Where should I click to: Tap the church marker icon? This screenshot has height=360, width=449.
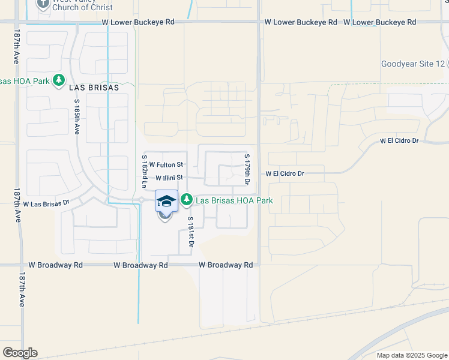tap(43, 4)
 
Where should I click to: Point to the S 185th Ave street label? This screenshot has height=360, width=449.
tap(77, 121)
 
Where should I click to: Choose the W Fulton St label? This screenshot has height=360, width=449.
tap(166, 164)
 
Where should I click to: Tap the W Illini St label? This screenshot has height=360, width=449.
tap(169, 178)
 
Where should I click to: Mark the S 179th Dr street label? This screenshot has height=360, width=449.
tap(247, 169)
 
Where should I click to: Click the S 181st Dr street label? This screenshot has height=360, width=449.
tap(190, 232)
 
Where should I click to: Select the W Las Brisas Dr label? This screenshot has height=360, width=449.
tap(46, 204)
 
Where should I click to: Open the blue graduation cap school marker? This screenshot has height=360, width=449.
tap(167, 201)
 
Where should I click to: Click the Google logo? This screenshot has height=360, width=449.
tap(20, 353)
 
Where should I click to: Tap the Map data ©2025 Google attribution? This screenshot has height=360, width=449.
tap(411, 355)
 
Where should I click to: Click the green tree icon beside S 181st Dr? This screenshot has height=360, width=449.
tap(187, 199)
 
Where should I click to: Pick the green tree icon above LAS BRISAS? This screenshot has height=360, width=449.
tap(58, 80)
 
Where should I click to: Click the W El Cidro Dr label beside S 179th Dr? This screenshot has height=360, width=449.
tap(285, 173)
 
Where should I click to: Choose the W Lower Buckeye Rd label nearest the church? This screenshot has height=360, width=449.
tap(138, 22)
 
